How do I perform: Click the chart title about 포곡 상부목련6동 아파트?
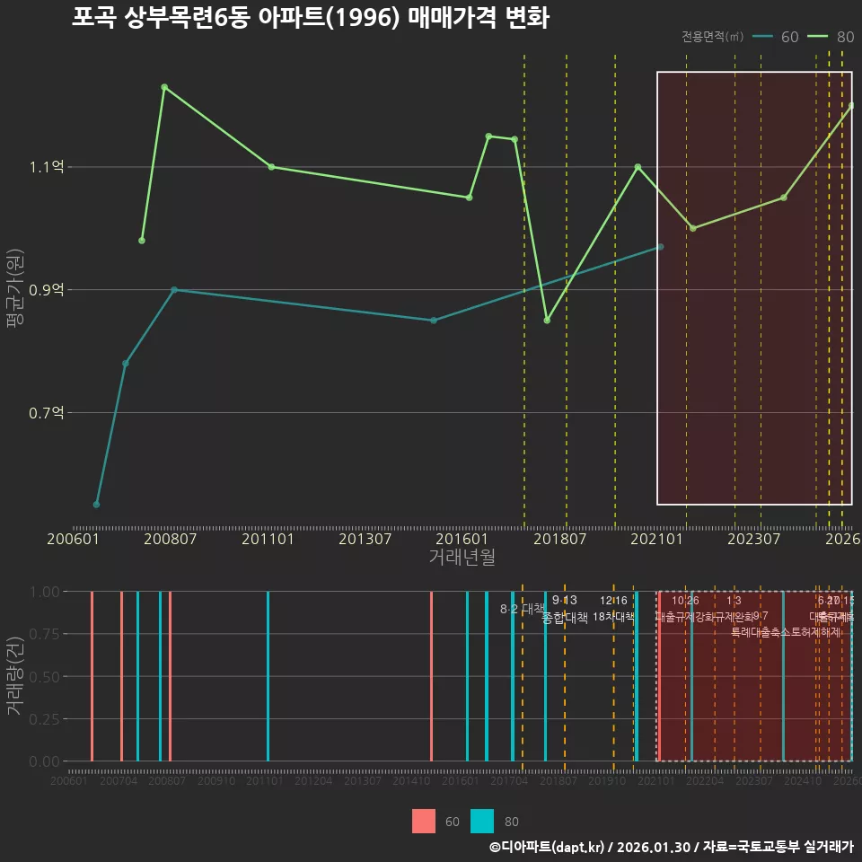(310, 18)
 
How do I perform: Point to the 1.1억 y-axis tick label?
(47, 167)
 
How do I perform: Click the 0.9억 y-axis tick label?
(47, 290)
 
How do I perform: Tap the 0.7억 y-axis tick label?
(47, 413)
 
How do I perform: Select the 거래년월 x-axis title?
(462, 557)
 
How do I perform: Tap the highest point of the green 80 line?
(164, 87)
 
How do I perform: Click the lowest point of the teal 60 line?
(96, 505)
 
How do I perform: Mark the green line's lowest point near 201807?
(547, 321)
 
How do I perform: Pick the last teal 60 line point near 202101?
(661, 246)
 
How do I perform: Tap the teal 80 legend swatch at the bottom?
(482, 821)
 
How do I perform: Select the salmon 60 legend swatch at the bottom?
(424, 821)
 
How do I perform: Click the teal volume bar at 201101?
(268, 676)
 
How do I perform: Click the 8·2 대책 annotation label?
(522, 608)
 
